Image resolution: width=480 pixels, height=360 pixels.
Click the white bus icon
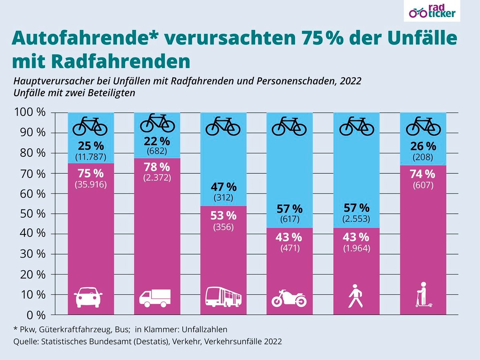point(224,297)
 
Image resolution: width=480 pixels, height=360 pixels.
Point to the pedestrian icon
point(355,296)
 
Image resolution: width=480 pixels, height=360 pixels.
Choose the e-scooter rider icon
point(423,295)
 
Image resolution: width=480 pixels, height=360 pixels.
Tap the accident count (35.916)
point(90,185)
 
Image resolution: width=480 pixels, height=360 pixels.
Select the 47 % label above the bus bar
point(223,187)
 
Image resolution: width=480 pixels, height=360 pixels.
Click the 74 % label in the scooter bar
point(423,174)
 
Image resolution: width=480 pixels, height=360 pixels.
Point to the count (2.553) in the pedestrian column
point(356,219)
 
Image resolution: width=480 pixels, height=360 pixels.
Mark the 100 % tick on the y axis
point(30,112)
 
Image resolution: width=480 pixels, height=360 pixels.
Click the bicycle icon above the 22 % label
point(157,122)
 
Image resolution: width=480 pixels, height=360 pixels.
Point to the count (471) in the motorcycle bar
point(289,248)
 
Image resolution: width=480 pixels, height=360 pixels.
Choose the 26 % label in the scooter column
point(423,146)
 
